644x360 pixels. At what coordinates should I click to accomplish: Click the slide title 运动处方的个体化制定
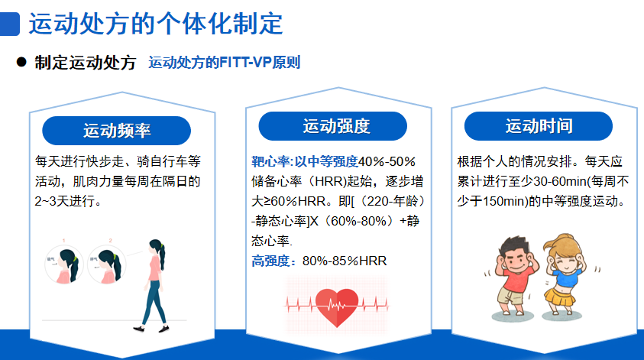[156, 24]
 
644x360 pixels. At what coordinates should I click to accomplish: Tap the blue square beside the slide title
[9, 24]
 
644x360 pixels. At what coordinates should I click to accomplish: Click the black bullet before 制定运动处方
[21, 63]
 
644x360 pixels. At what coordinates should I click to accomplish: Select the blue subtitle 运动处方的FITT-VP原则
[225, 63]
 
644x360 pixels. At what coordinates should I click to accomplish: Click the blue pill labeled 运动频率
[117, 131]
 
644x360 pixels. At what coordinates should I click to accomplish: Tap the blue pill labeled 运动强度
[332, 126]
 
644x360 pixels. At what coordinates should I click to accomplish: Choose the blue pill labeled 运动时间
[539, 126]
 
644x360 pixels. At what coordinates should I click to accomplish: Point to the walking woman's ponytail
[161, 257]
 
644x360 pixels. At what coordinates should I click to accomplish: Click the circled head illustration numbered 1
[64, 265]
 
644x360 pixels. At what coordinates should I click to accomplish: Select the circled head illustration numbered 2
[107, 265]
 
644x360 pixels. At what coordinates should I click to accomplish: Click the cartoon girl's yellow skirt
[559, 297]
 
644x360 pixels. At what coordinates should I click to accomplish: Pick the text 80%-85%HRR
[345, 261]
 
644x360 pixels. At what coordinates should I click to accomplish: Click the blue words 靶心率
[270, 161]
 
